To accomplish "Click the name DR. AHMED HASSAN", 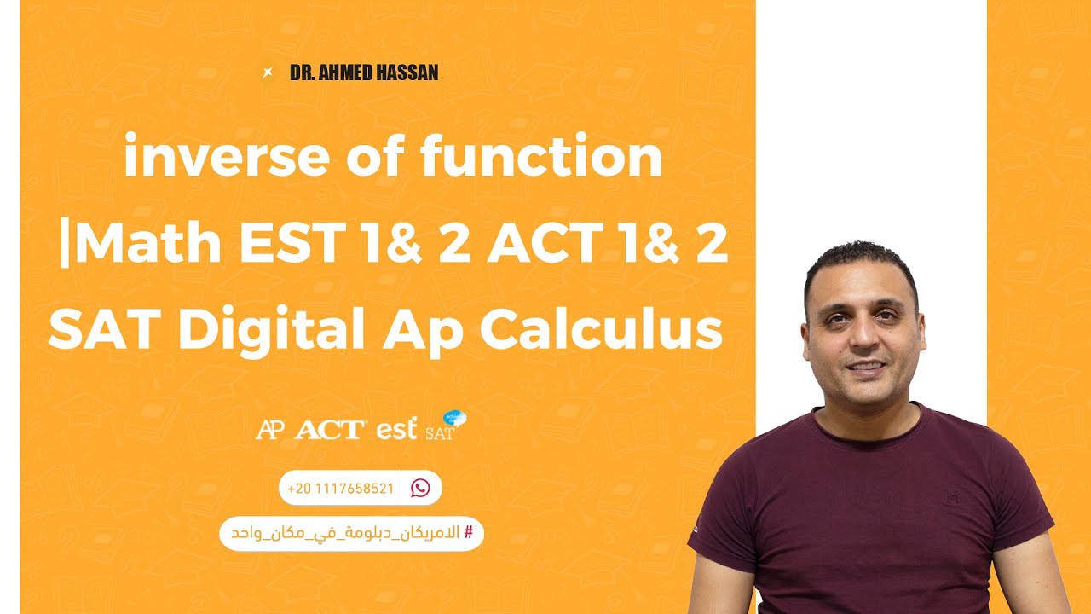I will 364,72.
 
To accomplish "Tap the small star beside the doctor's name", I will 268,72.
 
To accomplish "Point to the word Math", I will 154,245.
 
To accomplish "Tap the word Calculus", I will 600,329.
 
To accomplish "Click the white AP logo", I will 270,429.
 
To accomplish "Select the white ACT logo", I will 330,429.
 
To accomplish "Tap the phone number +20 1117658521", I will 340,489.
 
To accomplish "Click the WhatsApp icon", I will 420,488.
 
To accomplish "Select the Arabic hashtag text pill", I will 351,533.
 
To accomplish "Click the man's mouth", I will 864,366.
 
